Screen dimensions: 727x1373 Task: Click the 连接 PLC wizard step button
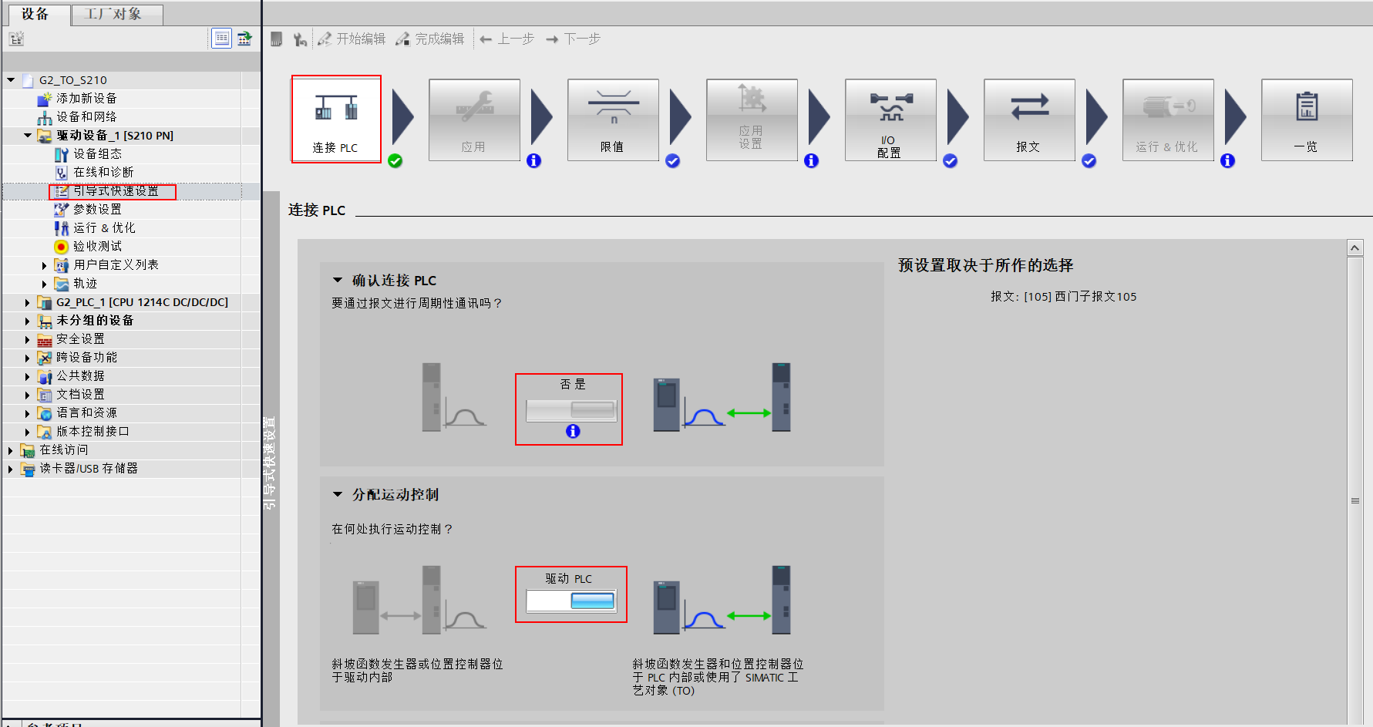click(335, 119)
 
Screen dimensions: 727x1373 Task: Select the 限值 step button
click(613, 119)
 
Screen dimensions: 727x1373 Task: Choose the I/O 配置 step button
click(890, 119)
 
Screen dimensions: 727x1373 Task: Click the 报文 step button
click(1029, 119)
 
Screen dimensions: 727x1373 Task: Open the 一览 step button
click(1307, 119)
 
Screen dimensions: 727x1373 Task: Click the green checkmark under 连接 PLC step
click(395, 160)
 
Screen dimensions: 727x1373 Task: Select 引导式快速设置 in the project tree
click(116, 191)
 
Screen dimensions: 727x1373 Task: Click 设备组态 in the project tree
click(97, 154)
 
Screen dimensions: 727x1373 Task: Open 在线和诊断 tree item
click(103, 173)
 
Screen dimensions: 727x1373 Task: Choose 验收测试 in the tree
click(97, 247)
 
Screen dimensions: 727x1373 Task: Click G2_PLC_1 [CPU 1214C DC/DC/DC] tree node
click(142, 302)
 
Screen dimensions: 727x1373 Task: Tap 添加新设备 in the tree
click(86, 99)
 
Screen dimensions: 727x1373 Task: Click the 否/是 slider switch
click(571, 409)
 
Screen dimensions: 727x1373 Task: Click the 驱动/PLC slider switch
click(571, 600)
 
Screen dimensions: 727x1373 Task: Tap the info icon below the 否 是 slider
click(573, 432)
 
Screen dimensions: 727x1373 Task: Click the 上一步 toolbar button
click(507, 39)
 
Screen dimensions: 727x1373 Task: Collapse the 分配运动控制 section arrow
click(338, 494)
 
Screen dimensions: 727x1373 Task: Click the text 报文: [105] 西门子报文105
click(1063, 297)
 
